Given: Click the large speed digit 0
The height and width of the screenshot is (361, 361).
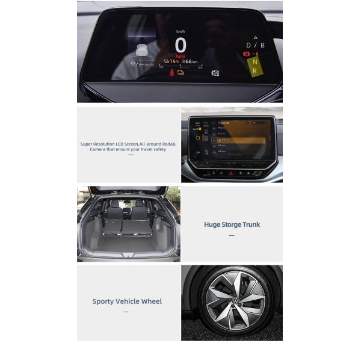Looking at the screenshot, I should pos(180,45).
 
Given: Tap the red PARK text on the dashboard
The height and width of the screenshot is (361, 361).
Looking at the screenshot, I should pos(180,56).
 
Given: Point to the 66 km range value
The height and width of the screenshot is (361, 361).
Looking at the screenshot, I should pos(191,61).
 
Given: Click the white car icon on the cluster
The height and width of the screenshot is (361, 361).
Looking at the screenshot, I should pos(142,50).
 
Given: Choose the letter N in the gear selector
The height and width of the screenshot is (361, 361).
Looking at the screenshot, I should pos(255,61).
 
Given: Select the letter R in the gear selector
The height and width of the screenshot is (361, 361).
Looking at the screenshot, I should pos(255,70).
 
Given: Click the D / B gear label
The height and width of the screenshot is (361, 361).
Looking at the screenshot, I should pos(255,45).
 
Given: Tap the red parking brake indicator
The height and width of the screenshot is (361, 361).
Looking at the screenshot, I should pos(245,54).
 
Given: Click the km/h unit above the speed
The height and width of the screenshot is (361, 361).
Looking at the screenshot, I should pos(180,31).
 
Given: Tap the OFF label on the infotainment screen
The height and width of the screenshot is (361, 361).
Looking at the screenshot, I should pos(197,152).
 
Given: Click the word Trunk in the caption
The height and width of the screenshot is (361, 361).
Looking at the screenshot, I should pos(248,224).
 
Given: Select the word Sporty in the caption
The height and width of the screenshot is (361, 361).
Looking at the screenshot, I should pos(103,301).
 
